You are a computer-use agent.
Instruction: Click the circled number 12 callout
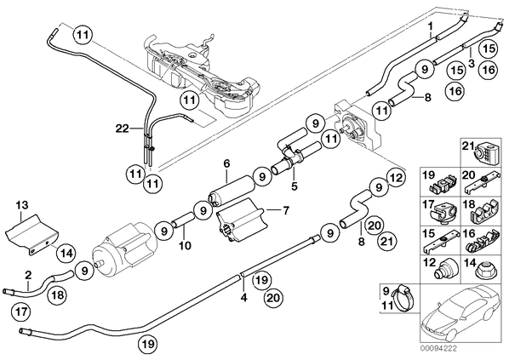click(x=396, y=178)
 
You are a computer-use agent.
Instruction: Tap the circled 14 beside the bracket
click(x=66, y=253)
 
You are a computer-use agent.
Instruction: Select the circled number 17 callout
click(x=20, y=312)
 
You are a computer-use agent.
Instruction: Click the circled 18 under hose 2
click(x=57, y=295)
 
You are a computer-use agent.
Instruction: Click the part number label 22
click(x=123, y=129)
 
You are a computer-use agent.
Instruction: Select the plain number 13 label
click(x=23, y=205)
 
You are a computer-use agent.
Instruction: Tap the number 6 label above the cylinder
click(x=226, y=164)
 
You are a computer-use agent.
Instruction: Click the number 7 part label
click(x=286, y=211)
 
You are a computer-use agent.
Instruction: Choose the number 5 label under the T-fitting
click(x=295, y=186)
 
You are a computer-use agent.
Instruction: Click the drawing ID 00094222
click(x=438, y=349)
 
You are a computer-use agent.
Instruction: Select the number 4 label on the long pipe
click(x=243, y=297)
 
